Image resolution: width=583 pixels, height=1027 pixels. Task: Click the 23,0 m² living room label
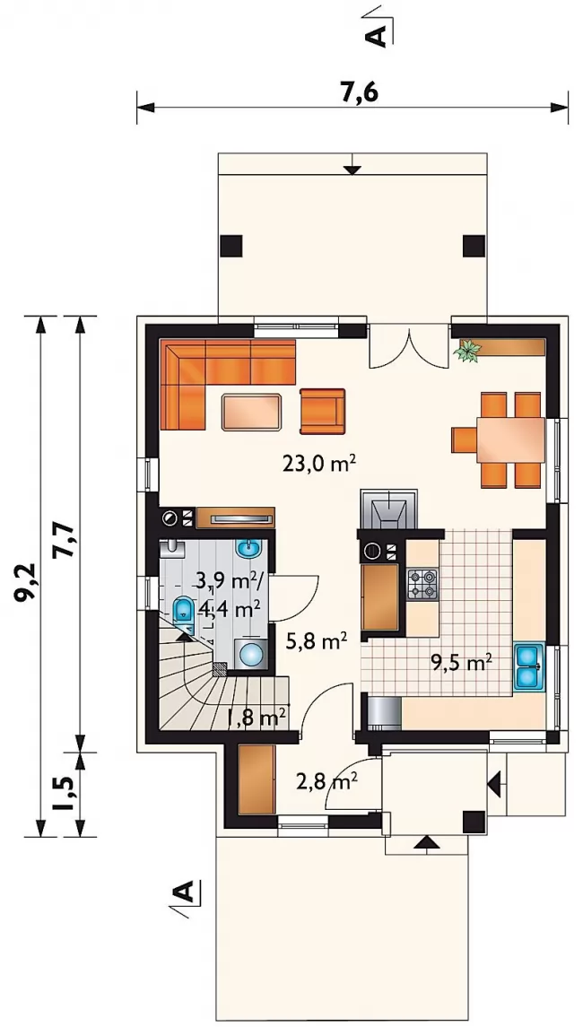click(x=319, y=464)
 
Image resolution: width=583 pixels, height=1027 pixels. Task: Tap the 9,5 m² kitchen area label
click(x=461, y=663)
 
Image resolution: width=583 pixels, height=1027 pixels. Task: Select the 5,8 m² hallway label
click(x=316, y=641)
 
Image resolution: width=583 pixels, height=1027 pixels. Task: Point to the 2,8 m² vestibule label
click(x=326, y=780)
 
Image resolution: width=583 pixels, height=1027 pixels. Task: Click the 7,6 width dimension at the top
click(x=360, y=93)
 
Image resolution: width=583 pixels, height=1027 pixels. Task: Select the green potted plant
click(x=467, y=351)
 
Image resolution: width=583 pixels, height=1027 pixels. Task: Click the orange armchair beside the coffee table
click(x=322, y=411)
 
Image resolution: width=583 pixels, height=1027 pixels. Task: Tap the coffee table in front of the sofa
click(x=253, y=412)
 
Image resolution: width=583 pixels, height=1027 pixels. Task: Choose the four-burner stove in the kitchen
click(x=422, y=584)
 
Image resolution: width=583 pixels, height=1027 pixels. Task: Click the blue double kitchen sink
click(x=528, y=666)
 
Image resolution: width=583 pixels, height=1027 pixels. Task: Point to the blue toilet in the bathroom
click(x=182, y=610)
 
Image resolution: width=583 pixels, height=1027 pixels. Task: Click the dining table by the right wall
click(x=510, y=440)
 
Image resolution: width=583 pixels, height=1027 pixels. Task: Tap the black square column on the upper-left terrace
click(x=231, y=246)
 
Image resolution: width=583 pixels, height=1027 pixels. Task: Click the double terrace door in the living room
click(x=409, y=346)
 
